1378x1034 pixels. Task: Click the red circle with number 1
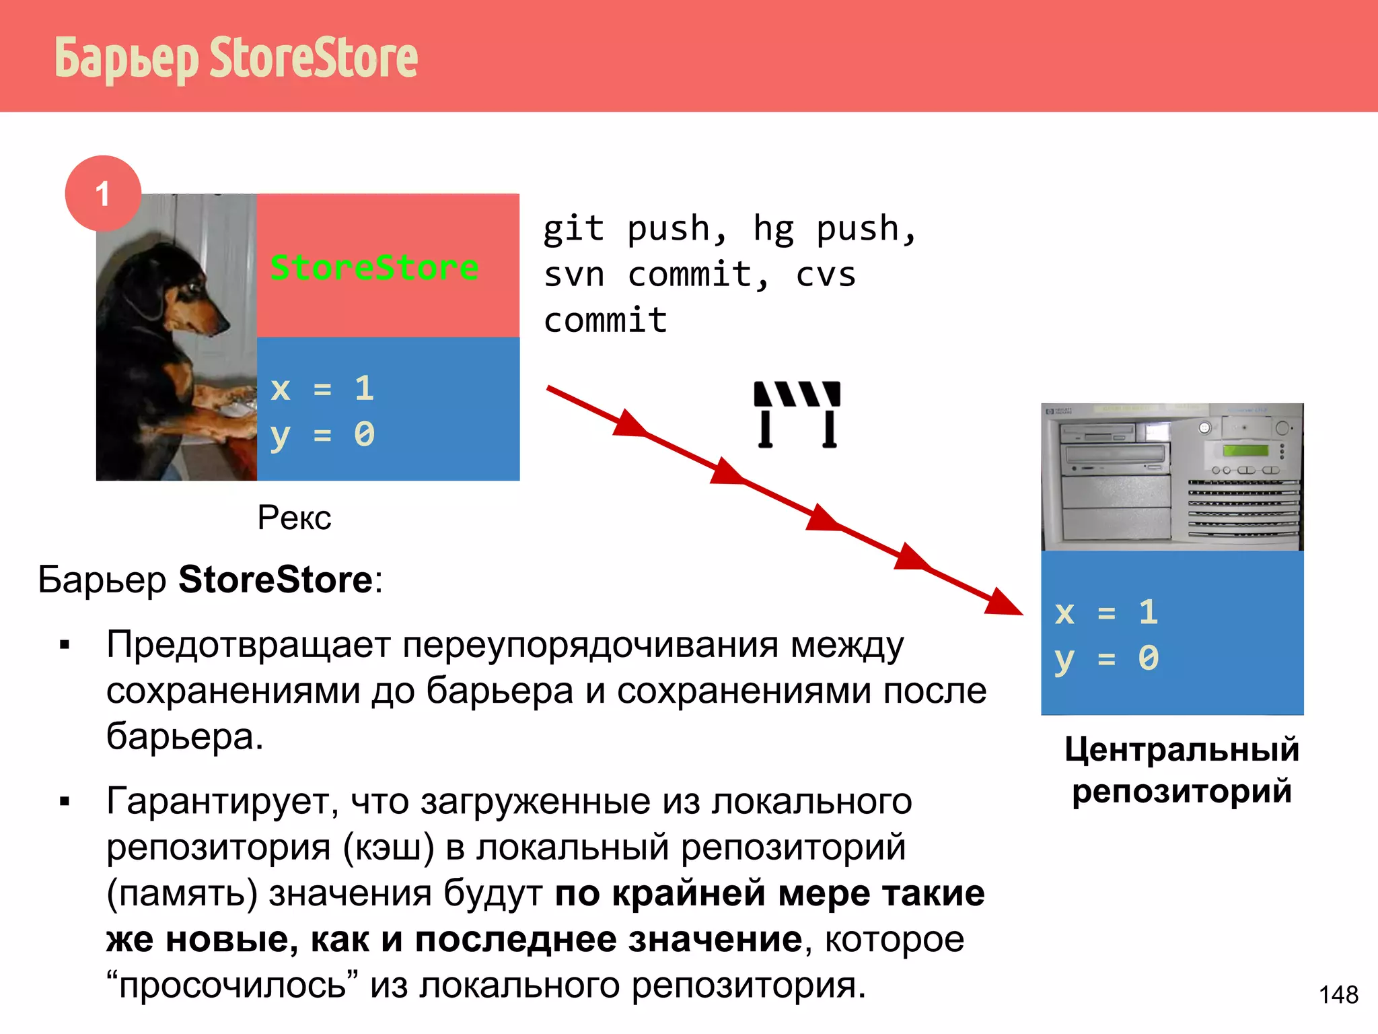point(103,194)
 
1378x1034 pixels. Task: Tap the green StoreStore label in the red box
point(374,267)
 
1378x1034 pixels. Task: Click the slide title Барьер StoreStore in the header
point(235,58)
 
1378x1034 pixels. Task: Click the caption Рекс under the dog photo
point(294,518)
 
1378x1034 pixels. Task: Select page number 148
point(1338,994)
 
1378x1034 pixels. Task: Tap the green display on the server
point(1245,450)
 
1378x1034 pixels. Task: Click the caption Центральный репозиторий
point(1182,770)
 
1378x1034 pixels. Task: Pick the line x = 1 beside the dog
point(322,388)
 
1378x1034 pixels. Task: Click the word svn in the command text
point(574,275)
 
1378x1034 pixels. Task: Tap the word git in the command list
point(574,229)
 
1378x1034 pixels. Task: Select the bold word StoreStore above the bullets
point(275,580)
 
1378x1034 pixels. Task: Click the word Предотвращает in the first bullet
point(248,645)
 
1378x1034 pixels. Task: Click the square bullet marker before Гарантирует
point(65,802)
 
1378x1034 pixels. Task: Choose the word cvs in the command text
point(826,275)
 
